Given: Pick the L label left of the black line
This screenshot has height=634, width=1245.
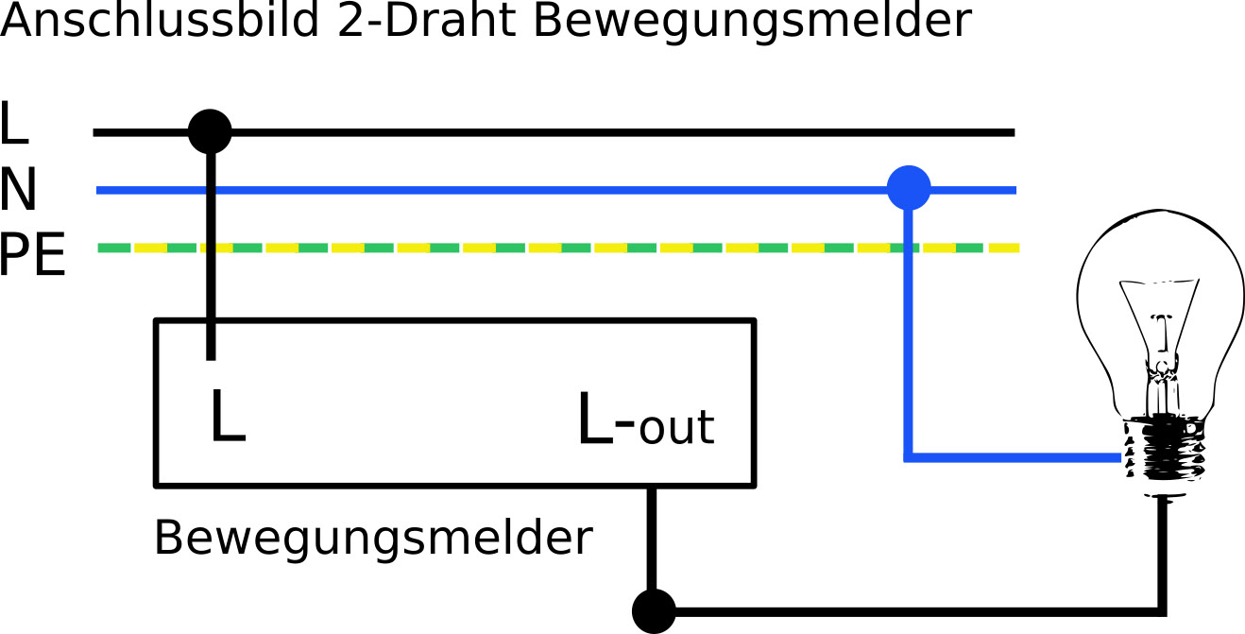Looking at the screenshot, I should point(14,126).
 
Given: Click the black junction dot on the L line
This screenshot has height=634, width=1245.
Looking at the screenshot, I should point(210,132).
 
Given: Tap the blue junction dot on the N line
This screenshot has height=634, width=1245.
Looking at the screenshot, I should point(909,188).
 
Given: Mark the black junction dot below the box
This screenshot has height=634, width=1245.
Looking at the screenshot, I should point(653,610).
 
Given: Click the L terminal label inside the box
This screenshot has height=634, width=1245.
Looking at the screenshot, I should point(227,418).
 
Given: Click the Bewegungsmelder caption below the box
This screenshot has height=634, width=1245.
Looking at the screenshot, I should point(373,539).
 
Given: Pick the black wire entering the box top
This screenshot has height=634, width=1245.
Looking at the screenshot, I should point(211,283).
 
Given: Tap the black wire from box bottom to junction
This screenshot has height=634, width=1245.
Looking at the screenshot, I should point(652,539).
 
